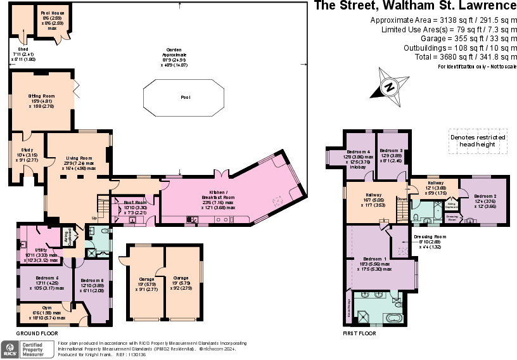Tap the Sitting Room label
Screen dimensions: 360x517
[41, 96]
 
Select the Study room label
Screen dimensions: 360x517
[27, 150]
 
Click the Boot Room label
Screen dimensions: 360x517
[135, 203]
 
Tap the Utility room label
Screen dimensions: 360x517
[41, 250]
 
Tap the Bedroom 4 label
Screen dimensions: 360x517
[358, 153]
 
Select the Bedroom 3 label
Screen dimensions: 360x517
[392, 151]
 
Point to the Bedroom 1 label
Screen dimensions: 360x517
[375, 259]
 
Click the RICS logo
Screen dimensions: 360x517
[10, 349]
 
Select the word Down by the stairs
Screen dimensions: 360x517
[402, 199]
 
